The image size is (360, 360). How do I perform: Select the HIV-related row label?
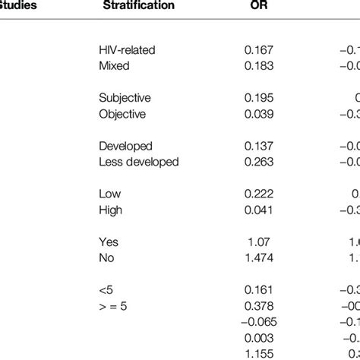(127, 50)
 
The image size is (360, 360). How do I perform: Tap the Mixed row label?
(114, 66)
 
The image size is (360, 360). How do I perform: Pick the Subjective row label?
(125, 98)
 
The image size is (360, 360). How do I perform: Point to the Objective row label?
(122, 114)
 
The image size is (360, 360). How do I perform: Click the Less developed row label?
(139, 162)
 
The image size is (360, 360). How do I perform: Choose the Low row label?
(110, 194)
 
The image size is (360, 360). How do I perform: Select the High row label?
(111, 210)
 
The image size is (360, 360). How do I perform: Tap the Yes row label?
(109, 242)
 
